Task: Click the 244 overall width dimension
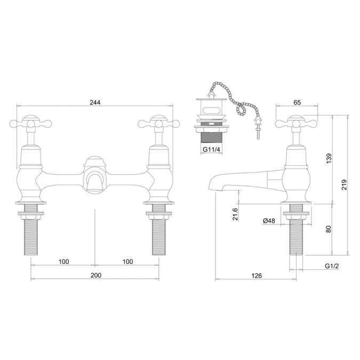coord(95,102)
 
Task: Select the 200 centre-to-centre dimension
coord(95,275)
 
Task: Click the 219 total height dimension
coord(345,185)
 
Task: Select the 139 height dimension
coord(329,158)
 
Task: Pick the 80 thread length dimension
coord(329,228)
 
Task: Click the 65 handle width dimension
coord(297,102)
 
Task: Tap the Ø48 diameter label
coord(269,221)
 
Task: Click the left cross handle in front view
coord(31,124)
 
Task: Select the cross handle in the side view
coord(297,124)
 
